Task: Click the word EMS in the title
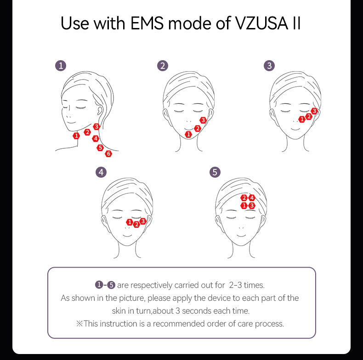[x=147, y=23]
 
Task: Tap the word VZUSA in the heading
[x=261, y=23]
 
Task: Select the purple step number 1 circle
[x=61, y=66]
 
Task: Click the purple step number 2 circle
[x=163, y=66]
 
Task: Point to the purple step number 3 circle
[x=269, y=66]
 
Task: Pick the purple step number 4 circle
[x=101, y=172]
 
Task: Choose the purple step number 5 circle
[x=215, y=172]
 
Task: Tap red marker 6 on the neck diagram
[x=108, y=154]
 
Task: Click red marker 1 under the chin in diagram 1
[x=76, y=135]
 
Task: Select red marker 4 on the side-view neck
[x=96, y=139]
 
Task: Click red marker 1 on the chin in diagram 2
[x=188, y=134]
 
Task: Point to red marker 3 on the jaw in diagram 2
[x=203, y=120]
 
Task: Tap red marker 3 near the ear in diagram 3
[x=314, y=111]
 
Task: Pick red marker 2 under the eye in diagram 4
[x=136, y=224]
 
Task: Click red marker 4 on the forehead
[x=252, y=198]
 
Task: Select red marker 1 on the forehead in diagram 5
[x=244, y=205]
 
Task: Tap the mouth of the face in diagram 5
[x=241, y=236]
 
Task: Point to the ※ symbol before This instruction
[x=79, y=324]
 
